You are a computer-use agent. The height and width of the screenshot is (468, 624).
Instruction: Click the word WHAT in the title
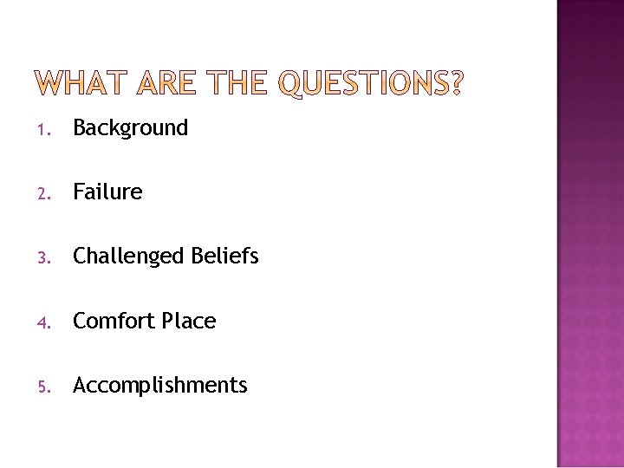point(81,83)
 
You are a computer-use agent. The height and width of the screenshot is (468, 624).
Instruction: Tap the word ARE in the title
point(166,83)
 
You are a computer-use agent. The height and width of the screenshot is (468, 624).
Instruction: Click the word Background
point(130,128)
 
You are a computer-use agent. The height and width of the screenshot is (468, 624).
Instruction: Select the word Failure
point(107,192)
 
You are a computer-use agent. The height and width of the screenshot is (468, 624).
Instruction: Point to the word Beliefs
point(225,256)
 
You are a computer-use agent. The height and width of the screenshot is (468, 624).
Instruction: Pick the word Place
point(189,321)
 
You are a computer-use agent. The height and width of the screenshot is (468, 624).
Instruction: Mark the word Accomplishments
point(160,386)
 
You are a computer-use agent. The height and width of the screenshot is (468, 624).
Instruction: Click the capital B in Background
point(79,128)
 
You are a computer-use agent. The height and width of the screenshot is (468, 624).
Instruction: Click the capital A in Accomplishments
point(80,385)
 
